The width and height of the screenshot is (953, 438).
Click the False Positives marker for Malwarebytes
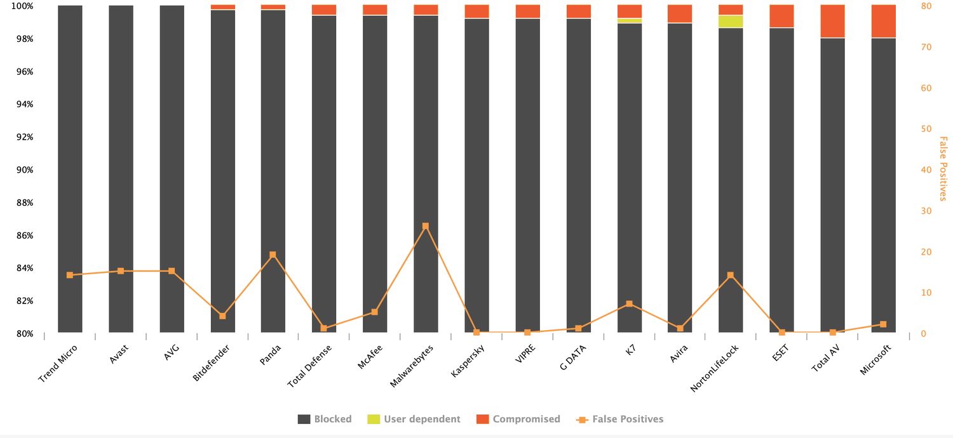(426, 226)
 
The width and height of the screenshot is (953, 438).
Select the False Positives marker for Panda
(273, 255)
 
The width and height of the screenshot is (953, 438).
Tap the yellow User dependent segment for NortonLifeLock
(731, 22)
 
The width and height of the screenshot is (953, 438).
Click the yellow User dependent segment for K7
(629, 20)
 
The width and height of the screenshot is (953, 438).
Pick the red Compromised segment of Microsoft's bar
(883, 21)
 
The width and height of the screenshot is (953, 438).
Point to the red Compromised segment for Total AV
(832, 21)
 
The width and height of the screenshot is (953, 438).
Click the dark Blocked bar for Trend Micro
(70, 168)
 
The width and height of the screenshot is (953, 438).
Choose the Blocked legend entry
(325, 419)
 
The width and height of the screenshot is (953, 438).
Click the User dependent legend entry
(414, 419)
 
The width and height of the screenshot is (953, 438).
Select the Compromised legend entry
(518, 419)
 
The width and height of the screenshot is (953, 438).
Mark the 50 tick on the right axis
(927, 129)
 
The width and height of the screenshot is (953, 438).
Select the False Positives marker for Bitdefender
(222, 315)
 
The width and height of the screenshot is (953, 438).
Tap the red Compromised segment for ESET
(781, 16)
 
